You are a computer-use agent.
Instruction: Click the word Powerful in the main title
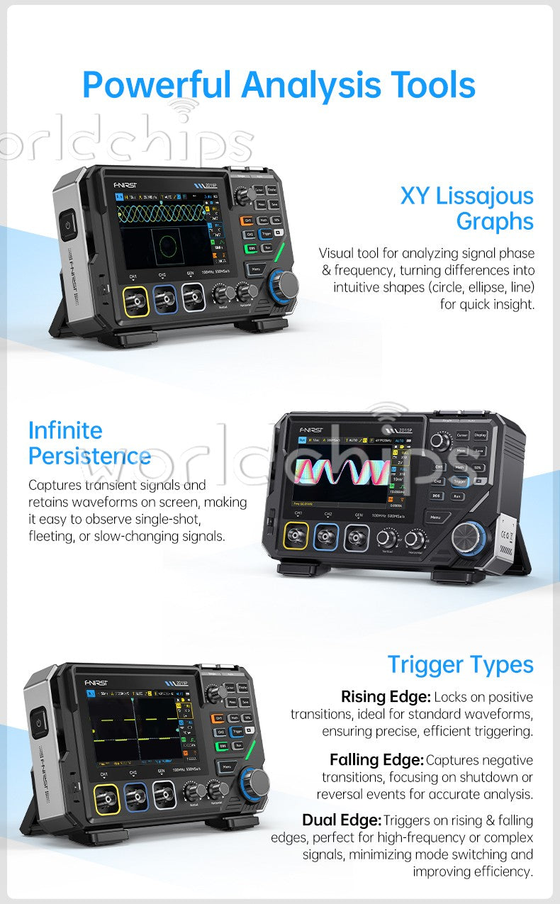pos(157,85)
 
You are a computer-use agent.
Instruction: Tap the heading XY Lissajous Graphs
pos(466,208)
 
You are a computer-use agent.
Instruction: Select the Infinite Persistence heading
pos(89,442)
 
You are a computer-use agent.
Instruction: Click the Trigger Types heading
pos(460,664)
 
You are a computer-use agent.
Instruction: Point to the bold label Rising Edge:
pos(386,696)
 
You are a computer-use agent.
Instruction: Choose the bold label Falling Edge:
pos(376,760)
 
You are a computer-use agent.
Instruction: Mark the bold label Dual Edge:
pos(342,820)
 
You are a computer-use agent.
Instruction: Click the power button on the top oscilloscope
pos(69,225)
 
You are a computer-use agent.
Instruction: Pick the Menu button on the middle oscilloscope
pos(435,517)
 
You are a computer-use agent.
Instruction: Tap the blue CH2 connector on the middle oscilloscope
pos(326,537)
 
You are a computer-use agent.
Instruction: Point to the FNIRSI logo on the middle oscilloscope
pos(311,428)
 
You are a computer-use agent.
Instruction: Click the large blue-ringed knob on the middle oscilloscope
pos(469,537)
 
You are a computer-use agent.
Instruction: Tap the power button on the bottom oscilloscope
pos(38,723)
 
